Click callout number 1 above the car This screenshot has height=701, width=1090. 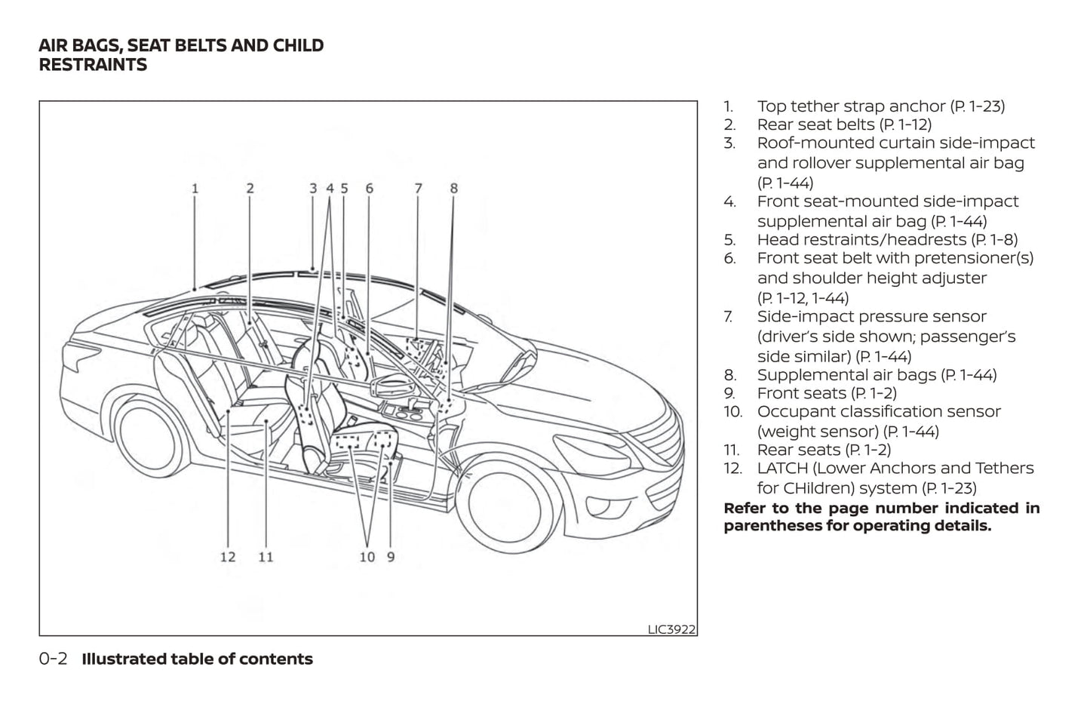tap(195, 189)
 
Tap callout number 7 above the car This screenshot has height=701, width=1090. tap(418, 189)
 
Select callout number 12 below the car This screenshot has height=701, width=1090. tap(228, 558)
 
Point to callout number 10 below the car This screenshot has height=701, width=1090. tap(367, 558)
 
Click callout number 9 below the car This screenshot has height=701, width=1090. tap(391, 558)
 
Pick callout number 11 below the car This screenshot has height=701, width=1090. tap(266, 558)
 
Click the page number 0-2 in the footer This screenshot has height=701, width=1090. tap(53, 659)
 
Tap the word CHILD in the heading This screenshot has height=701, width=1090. tap(299, 45)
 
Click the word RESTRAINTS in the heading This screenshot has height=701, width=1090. tap(93, 65)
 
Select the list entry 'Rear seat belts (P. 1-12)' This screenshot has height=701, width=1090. tap(844, 125)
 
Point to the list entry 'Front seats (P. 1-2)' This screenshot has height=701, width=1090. tap(827, 393)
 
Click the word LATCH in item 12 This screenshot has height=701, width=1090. tap(782, 469)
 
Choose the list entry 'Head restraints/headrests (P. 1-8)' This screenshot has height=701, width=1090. tap(887, 240)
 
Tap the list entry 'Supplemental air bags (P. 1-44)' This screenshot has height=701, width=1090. tap(877, 375)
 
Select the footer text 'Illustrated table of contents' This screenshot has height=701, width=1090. tap(197, 659)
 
